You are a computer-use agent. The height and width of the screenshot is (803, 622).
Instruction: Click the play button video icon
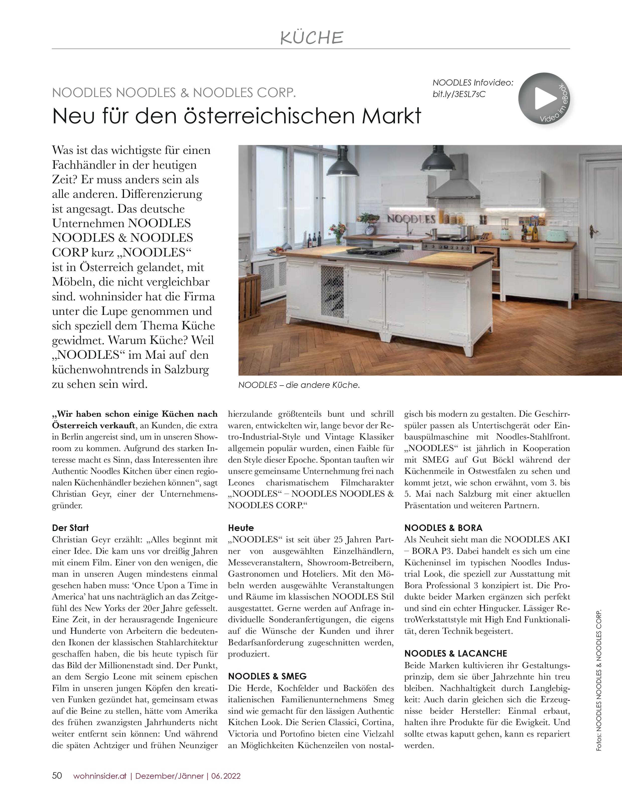[545, 98]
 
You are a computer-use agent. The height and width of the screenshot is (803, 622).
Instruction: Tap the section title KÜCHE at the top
[311, 38]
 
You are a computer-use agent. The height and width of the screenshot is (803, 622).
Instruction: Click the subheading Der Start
[70, 528]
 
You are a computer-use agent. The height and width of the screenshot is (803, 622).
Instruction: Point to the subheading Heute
[241, 528]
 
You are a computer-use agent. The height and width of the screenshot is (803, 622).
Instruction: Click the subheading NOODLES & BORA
[443, 528]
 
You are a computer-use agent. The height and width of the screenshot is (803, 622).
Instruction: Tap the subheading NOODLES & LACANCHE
[455, 653]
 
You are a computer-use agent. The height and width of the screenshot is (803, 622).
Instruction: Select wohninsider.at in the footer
[100, 776]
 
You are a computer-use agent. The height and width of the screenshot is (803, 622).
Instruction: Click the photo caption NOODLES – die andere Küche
[299, 385]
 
